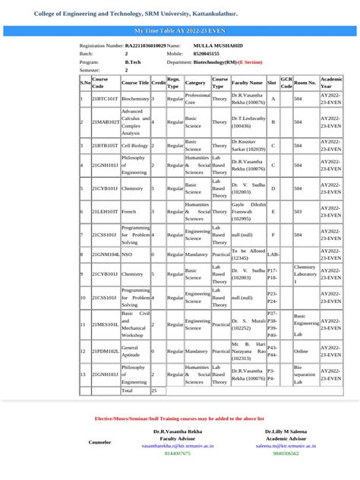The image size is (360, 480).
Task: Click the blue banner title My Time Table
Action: point(180,30)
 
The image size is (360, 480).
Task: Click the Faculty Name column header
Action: point(248,82)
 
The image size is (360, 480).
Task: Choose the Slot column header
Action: point(272,82)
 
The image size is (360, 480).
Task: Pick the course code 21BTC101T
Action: point(105,99)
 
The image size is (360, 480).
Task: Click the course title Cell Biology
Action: point(135,144)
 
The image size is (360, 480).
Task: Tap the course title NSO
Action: point(127,254)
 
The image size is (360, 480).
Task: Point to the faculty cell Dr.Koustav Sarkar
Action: point(248,144)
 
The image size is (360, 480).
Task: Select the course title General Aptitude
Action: point(130,351)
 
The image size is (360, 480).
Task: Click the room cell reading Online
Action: point(302,351)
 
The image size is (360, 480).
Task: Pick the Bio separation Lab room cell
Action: point(305,374)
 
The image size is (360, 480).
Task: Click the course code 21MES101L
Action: point(105,324)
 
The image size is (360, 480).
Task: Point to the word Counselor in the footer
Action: point(99,441)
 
